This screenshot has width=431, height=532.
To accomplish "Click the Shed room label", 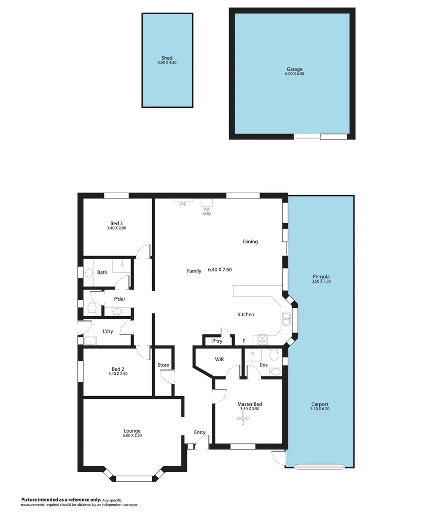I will point(167,58).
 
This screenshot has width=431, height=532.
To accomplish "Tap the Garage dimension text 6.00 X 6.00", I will point(295,74).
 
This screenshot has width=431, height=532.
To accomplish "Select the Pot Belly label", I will point(207,211).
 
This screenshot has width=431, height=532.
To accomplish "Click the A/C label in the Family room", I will point(183,204).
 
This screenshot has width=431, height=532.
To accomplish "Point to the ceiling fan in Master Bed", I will point(243,419).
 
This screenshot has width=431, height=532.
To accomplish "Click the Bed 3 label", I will point(117,223).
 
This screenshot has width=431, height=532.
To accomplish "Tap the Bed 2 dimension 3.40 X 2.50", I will point(117,374).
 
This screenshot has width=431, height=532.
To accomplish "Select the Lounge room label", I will point(132,431).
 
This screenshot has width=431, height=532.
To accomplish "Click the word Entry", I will point(199,432).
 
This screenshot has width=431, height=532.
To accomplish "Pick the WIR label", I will point(219,360).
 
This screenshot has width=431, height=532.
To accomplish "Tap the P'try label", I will point(217,341).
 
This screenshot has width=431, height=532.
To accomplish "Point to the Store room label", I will point(163,365).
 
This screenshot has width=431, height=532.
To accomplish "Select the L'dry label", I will point(108,332).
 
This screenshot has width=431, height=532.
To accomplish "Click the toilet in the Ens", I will point(274,355).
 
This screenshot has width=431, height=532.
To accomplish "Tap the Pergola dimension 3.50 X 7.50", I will point(321,281).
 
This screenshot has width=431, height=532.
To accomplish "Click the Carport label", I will point(320,403).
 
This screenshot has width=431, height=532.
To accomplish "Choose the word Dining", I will point(250,242).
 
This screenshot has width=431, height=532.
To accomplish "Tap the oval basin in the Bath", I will point(89,272).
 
